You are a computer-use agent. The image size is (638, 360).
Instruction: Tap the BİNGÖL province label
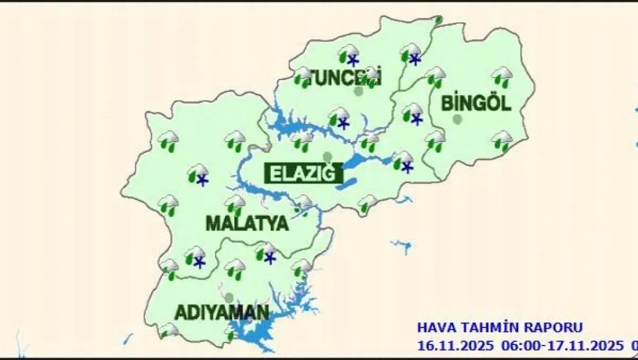point(476,104)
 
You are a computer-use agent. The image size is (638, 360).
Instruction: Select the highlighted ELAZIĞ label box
point(301,173)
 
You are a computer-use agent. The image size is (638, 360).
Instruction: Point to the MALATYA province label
point(247,223)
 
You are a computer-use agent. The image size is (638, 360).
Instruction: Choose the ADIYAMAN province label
point(222,312)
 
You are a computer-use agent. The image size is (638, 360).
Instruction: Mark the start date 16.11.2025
point(455,346)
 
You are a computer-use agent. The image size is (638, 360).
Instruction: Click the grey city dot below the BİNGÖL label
point(458,119)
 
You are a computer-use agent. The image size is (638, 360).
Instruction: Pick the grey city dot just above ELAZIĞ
point(327,157)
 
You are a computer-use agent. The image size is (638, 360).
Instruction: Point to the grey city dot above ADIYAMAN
point(229,297)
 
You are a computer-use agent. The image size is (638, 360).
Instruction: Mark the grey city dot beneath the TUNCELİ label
point(359,91)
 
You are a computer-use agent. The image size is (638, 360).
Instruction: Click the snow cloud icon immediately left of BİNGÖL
point(413,114)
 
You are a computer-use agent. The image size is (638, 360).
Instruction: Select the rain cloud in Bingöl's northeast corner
point(502,76)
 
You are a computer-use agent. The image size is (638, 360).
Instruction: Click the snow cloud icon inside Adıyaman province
point(267,253)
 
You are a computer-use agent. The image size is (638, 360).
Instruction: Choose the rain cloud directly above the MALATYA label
point(235,204)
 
